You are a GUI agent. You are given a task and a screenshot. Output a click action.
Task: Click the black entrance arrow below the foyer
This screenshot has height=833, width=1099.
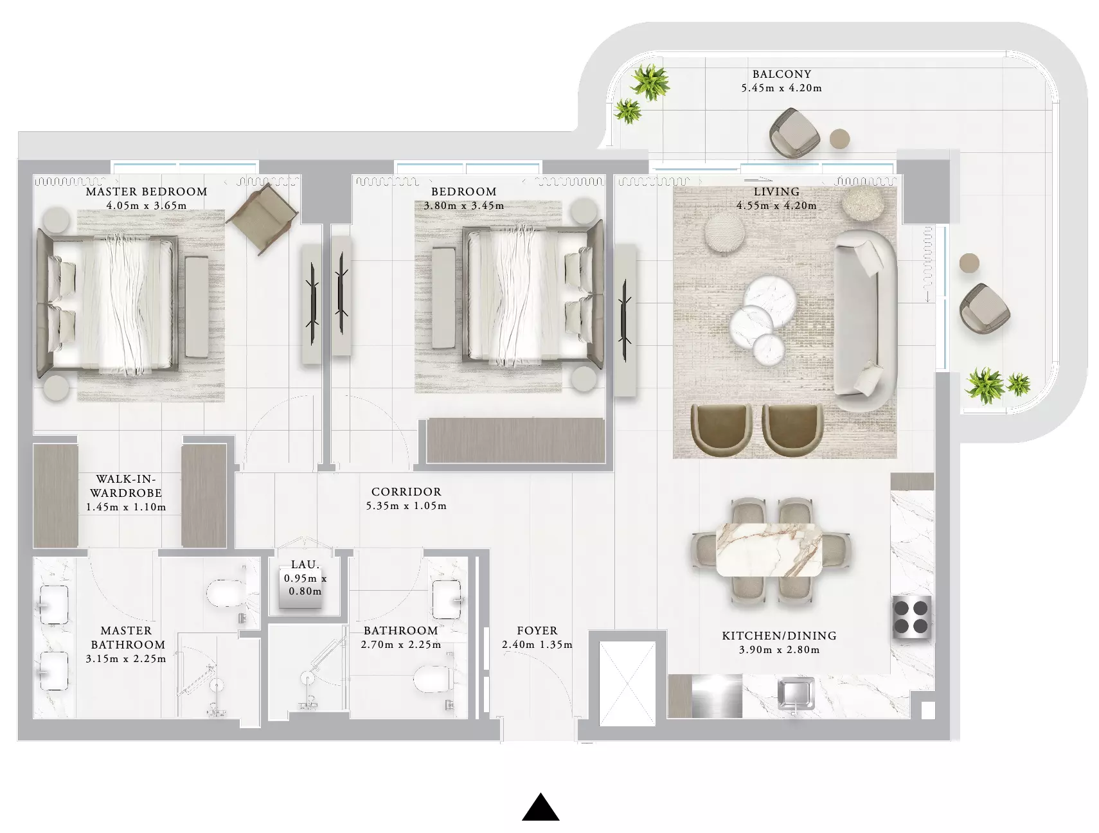(x=541, y=807)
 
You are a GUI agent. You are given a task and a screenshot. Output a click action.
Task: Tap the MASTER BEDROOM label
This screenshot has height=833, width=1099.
(x=147, y=192)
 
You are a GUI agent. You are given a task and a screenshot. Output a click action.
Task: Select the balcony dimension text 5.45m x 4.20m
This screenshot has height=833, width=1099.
(x=782, y=88)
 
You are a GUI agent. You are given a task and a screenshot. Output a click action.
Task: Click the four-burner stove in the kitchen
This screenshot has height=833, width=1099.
(x=912, y=616)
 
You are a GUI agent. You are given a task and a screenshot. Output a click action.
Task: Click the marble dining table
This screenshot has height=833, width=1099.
(x=769, y=550)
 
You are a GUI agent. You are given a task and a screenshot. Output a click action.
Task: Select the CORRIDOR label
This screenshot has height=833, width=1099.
(x=406, y=492)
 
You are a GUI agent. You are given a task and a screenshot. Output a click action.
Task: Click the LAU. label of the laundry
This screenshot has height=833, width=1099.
(x=305, y=564)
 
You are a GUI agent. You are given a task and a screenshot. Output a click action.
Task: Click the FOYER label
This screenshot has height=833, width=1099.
(x=537, y=631)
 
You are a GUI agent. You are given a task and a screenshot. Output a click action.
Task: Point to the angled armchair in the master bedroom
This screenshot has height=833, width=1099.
(x=262, y=219)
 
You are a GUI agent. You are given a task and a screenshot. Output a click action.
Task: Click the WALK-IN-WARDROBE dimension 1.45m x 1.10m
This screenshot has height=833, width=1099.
(x=126, y=507)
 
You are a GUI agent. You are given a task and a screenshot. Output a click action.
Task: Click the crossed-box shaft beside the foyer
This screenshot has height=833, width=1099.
(x=627, y=683)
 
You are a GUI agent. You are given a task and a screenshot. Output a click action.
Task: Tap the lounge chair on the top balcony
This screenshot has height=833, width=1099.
(x=795, y=133)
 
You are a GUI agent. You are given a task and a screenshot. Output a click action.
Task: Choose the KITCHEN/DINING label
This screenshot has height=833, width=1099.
(x=779, y=636)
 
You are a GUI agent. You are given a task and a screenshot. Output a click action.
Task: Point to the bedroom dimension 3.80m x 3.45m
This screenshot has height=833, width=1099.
(x=464, y=206)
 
